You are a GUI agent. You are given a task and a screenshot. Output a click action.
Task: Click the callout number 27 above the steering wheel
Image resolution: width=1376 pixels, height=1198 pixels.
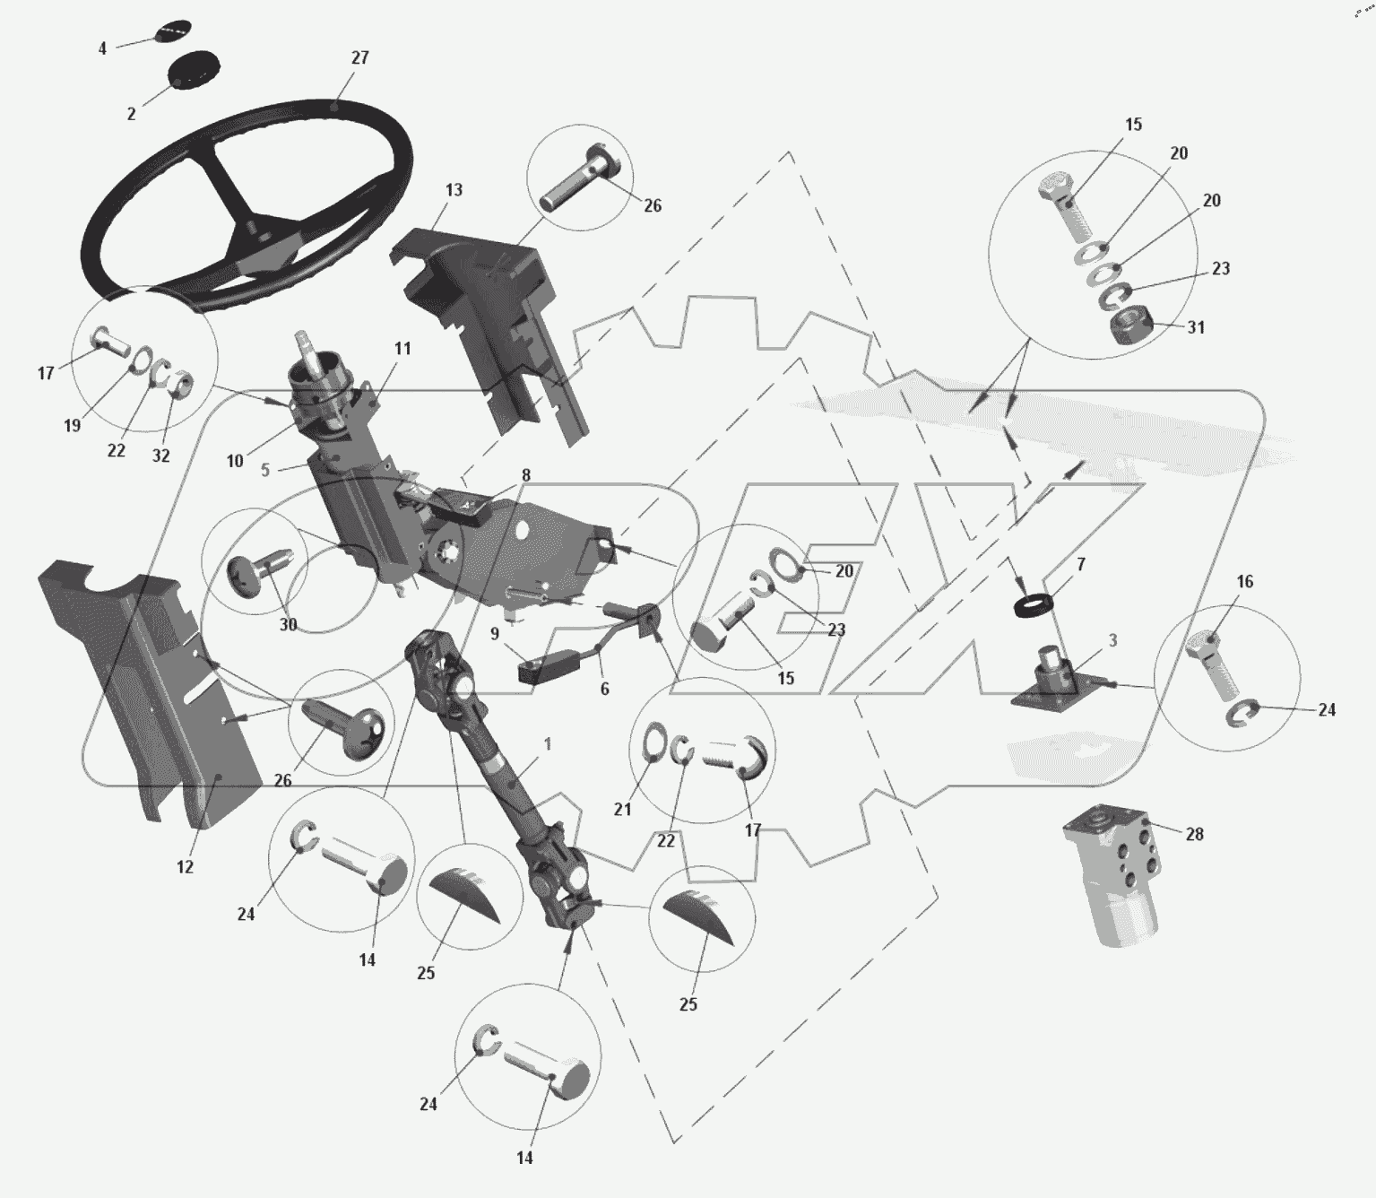click(359, 58)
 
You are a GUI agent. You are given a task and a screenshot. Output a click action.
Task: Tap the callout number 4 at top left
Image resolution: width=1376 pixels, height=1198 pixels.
click(102, 48)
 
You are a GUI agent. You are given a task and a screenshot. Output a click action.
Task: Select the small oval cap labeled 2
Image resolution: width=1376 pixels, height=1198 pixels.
click(193, 69)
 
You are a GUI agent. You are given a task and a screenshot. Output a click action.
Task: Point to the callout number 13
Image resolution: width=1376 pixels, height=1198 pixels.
click(454, 190)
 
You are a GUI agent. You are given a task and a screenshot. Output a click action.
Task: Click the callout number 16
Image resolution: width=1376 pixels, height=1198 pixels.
click(1245, 582)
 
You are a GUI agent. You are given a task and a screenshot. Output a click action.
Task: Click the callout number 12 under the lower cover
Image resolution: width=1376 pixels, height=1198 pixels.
click(185, 868)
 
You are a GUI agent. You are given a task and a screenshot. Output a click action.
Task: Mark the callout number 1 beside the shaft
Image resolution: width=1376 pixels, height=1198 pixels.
click(548, 744)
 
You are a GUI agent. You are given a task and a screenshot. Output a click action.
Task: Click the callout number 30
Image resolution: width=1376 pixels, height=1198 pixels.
click(288, 625)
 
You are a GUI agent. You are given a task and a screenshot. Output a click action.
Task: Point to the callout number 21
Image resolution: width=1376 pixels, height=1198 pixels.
click(622, 809)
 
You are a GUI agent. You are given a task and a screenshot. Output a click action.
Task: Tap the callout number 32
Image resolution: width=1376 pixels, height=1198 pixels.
click(160, 456)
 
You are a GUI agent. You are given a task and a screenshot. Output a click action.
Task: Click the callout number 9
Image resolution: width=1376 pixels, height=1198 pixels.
click(495, 634)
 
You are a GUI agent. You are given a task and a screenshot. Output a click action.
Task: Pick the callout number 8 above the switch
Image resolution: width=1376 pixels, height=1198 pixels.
click(526, 475)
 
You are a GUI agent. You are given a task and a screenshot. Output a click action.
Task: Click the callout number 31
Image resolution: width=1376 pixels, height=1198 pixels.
click(1196, 327)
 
